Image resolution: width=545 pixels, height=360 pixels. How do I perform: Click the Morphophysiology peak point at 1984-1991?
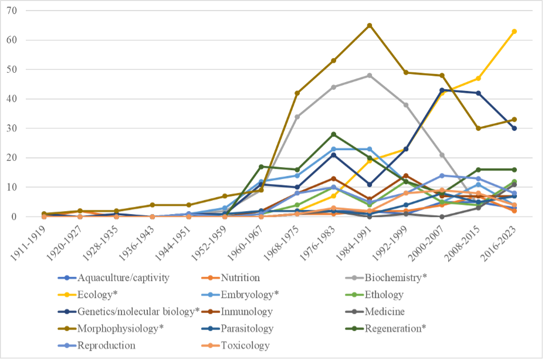[370, 25]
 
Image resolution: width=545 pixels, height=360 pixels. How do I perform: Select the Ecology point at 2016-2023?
[514, 31]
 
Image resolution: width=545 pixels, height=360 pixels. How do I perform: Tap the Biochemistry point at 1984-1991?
[370, 76]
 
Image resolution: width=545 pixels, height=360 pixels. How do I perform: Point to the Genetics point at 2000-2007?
[442, 90]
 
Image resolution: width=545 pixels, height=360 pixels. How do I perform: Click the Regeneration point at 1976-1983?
[333, 134]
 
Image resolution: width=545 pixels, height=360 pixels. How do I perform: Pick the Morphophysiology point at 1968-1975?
[297, 93]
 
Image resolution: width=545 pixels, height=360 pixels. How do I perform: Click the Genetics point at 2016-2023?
[514, 128]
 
